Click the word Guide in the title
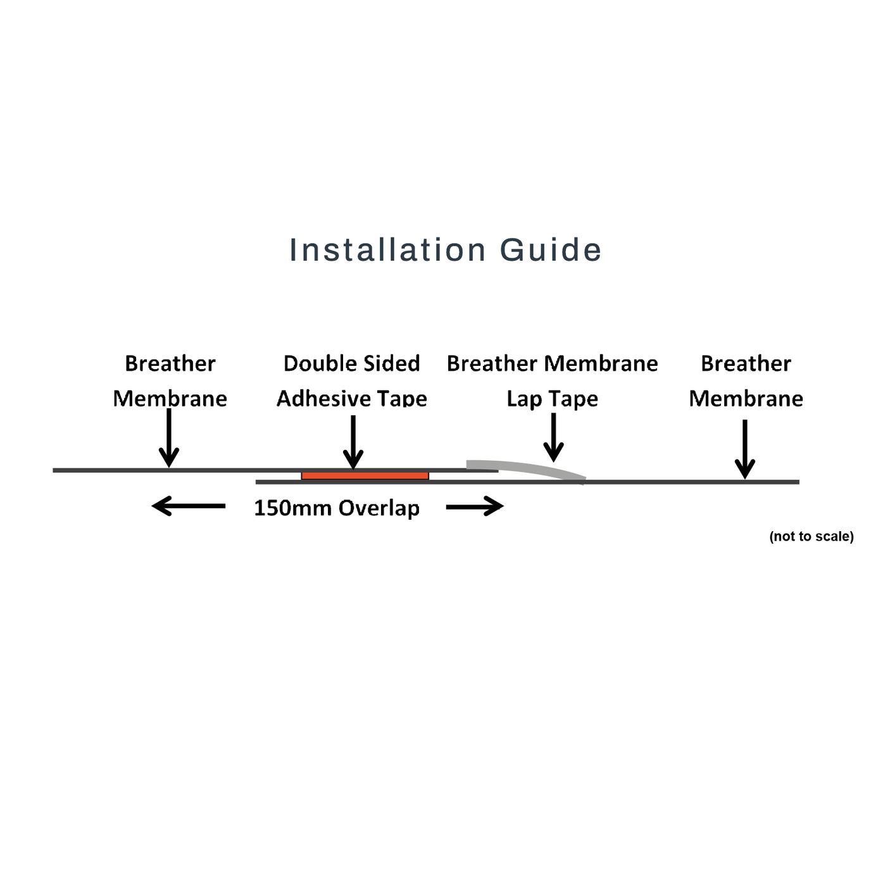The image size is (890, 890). click(550, 250)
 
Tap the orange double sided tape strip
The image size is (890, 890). click(365, 476)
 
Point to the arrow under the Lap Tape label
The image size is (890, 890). click(553, 437)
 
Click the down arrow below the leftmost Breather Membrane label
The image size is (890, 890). click(168, 437)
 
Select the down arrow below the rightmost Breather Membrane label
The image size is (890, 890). click(745, 448)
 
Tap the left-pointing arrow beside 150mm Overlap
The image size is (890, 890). click(189, 506)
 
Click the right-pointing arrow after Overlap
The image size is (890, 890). click(475, 506)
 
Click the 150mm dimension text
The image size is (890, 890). click(293, 508)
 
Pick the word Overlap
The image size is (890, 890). click(379, 508)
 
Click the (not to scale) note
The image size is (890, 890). click(811, 537)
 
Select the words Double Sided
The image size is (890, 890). click(351, 363)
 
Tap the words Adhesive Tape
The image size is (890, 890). click(351, 399)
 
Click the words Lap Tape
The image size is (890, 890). click(552, 399)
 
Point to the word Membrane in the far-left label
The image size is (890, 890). click(170, 399)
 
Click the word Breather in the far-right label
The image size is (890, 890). click(746, 363)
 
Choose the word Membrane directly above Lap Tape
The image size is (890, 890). click(601, 363)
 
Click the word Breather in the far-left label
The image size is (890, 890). click(170, 363)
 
